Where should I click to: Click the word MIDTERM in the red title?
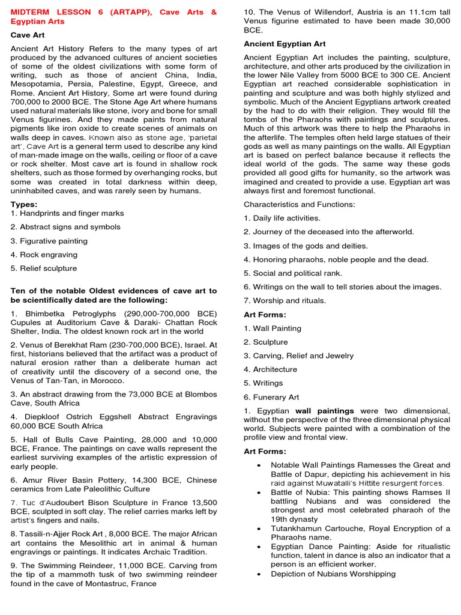[x=31, y=12]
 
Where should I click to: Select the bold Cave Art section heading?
[x=28, y=35]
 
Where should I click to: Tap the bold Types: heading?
[x=24, y=204]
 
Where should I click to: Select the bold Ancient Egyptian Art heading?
[x=285, y=44]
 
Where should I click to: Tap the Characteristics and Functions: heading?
[x=299, y=205]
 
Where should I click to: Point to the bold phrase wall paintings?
[x=324, y=411]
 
